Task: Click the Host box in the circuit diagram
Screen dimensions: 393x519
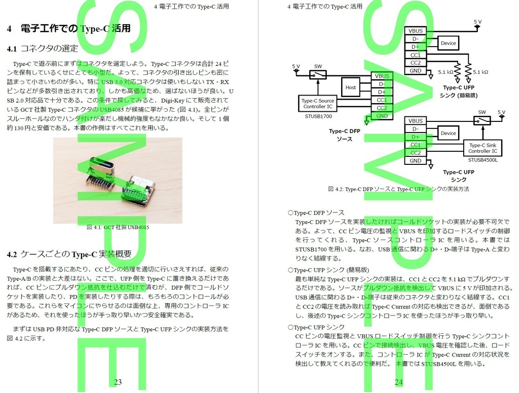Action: (x=351, y=88)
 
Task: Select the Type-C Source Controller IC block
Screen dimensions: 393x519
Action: (x=318, y=104)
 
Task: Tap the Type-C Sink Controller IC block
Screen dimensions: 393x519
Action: (x=483, y=148)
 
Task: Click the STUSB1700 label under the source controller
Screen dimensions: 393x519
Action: (x=318, y=116)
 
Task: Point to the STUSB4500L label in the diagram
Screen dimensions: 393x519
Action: (x=483, y=160)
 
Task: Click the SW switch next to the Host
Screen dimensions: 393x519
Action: (x=318, y=75)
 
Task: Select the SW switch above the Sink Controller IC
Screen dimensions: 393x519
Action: (x=482, y=120)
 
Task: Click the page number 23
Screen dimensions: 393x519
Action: (x=118, y=382)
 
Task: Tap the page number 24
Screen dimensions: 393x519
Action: (x=398, y=382)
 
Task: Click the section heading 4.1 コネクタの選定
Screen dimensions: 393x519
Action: (x=43, y=49)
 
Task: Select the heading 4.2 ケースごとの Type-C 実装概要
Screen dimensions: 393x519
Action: (x=69, y=254)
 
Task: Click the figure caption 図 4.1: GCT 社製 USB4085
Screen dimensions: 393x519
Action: (x=118, y=227)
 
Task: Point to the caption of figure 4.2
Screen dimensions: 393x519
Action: (x=398, y=189)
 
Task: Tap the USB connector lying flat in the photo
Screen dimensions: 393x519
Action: (x=137, y=191)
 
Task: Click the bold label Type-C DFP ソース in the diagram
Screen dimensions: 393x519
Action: (x=345, y=135)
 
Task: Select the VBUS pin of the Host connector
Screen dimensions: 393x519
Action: (x=382, y=76)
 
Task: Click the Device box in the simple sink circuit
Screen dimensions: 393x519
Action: (x=448, y=43)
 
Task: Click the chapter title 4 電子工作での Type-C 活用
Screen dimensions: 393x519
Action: (x=69, y=28)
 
